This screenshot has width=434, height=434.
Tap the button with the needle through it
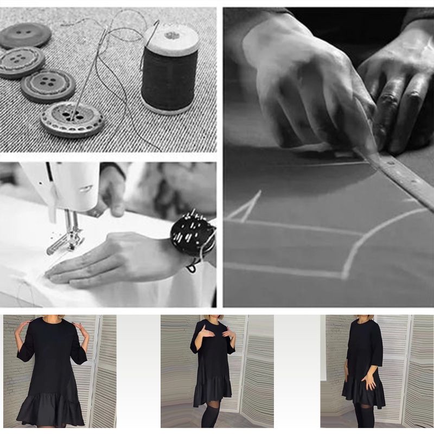72,118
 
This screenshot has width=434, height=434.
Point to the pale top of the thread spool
172,38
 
